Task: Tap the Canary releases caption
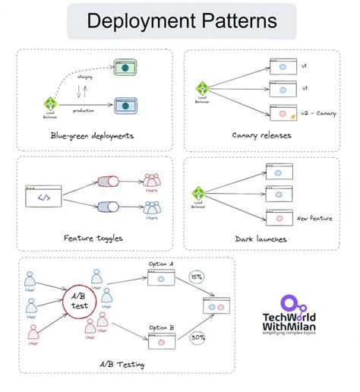click(262, 135)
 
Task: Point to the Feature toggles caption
click(93, 238)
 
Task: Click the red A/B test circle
click(80, 302)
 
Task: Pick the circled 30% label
click(197, 336)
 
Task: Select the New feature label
click(314, 218)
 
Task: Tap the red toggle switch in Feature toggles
click(107, 182)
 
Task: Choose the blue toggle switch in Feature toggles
click(107, 207)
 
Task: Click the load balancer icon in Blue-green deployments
click(51, 103)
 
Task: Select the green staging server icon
click(121, 68)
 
